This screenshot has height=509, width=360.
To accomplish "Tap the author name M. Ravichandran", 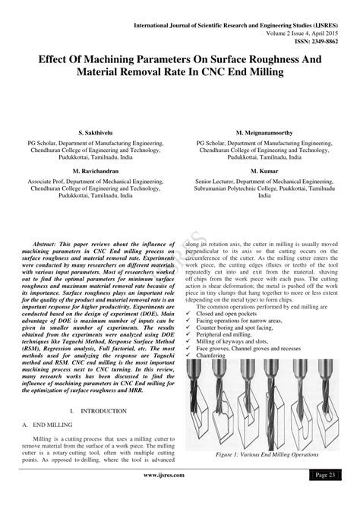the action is pyautogui.click(x=90, y=171).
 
